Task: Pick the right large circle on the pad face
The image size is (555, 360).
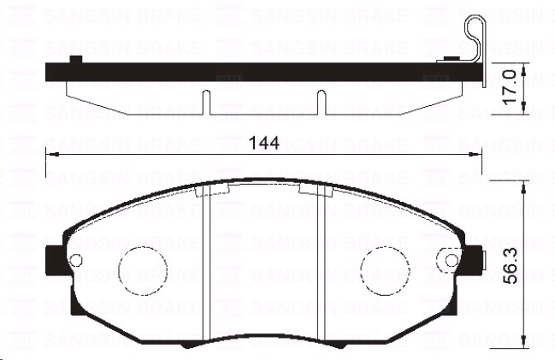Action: tap(381, 267)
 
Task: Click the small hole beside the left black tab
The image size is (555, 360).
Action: tap(74, 259)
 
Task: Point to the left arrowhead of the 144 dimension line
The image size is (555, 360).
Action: tap(50, 154)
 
